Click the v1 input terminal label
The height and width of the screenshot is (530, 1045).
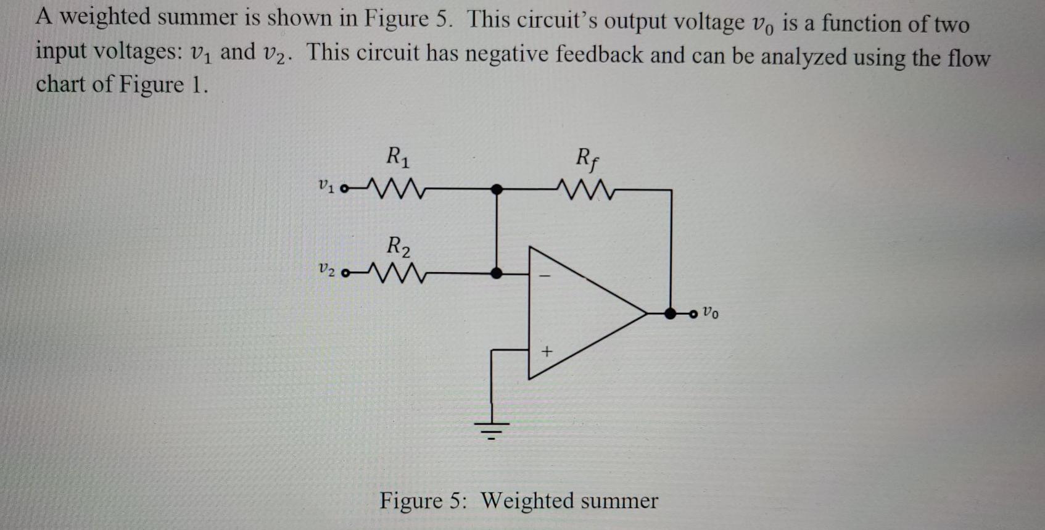click(x=325, y=184)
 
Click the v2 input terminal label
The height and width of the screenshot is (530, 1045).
click(x=326, y=270)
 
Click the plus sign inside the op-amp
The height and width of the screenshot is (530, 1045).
click(x=547, y=352)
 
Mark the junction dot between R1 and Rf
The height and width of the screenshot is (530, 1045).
click(x=496, y=189)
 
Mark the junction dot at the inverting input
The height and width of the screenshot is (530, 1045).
click(x=496, y=273)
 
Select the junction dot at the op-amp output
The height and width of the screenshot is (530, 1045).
click(x=671, y=313)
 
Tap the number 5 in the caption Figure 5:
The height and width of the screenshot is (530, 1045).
click(x=455, y=500)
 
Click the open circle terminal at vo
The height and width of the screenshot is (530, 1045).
click(x=693, y=314)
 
